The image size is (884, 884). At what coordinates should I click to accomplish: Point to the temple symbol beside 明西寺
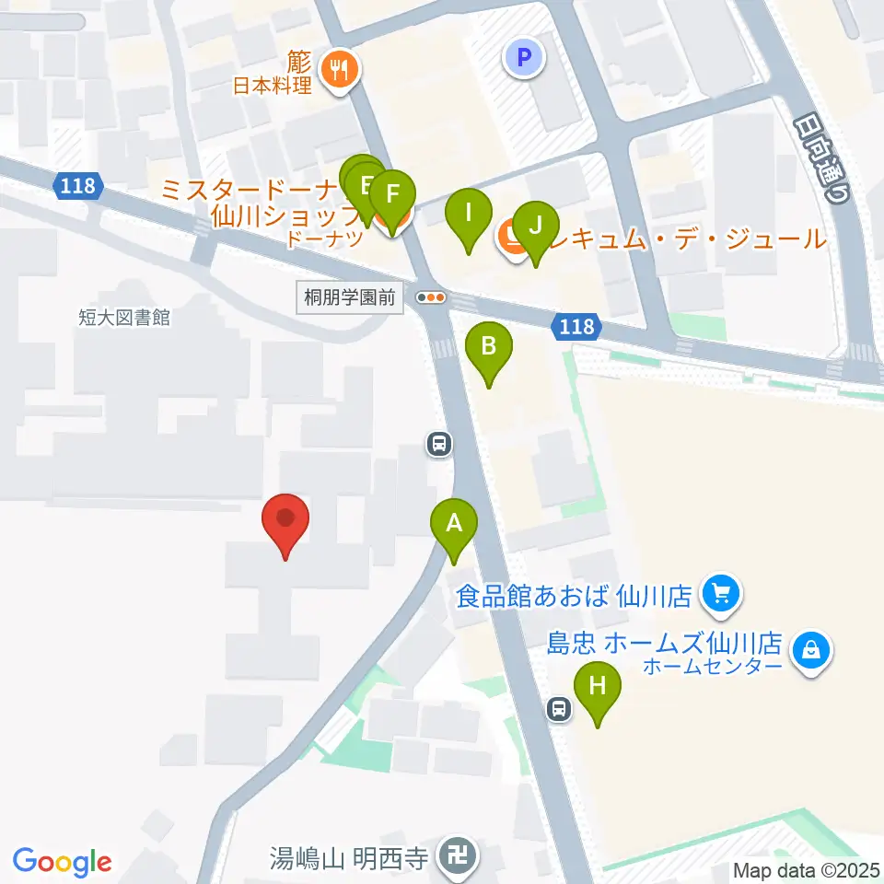click(x=456, y=857)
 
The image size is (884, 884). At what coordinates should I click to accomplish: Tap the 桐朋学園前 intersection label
click(x=350, y=297)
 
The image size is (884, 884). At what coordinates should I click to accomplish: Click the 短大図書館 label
click(x=124, y=318)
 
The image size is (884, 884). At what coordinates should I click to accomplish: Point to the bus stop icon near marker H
click(x=558, y=708)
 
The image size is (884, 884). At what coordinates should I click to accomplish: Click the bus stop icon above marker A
click(x=439, y=445)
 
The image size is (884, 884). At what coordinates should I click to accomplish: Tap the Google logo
click(x=63, y=861)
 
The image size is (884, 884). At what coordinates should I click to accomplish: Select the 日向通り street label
click(x=820, y=157)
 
